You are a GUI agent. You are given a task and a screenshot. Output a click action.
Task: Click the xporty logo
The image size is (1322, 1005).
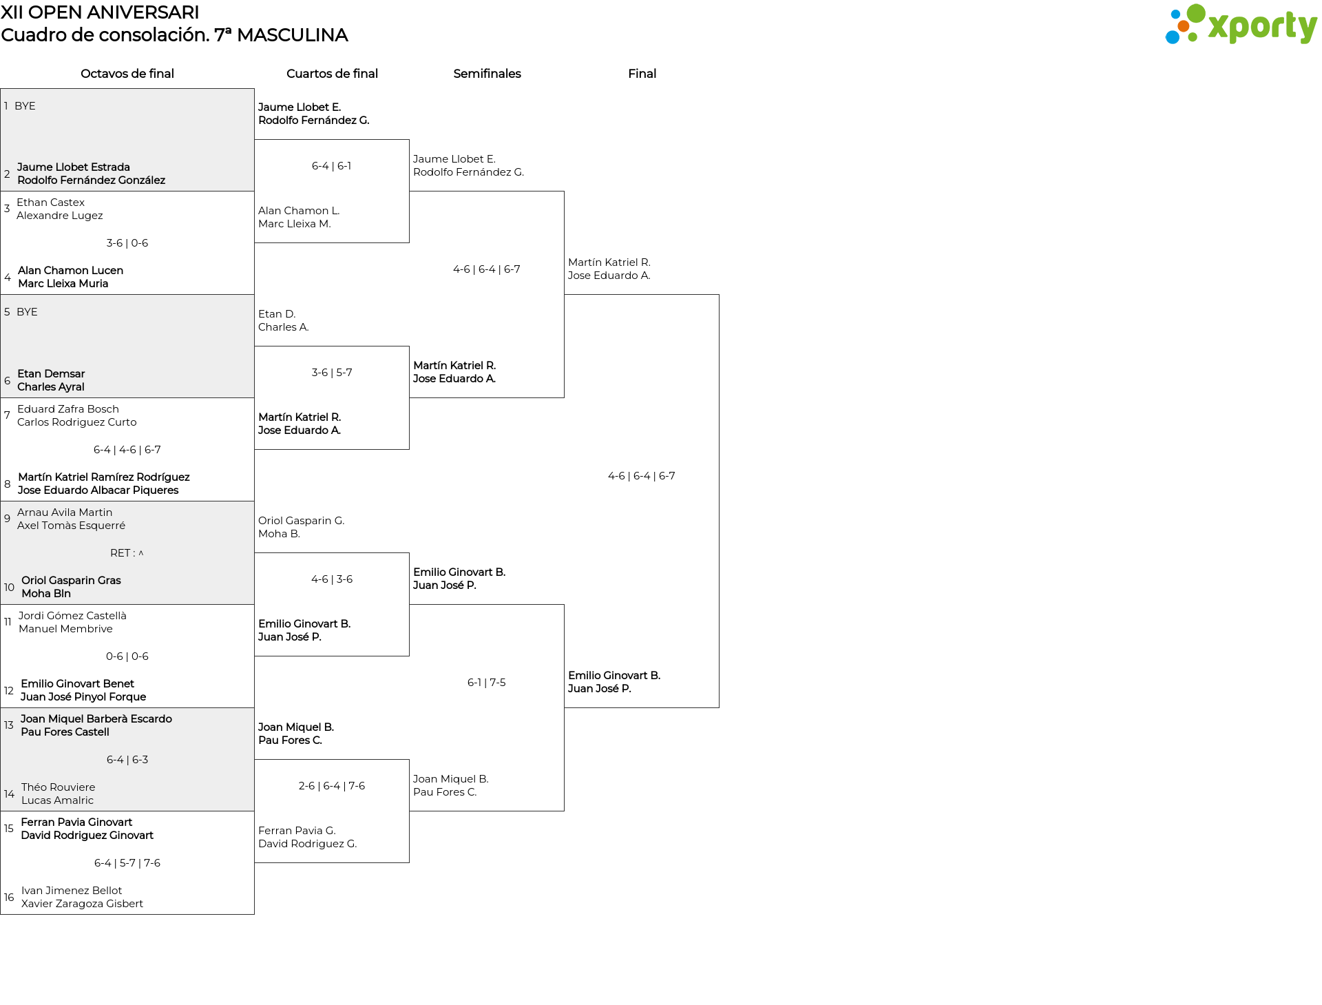pyautogui.click(x=1241, y=25)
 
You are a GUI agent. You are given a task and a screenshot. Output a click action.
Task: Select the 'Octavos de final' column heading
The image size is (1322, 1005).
pyautogui.click(x=127, y=74)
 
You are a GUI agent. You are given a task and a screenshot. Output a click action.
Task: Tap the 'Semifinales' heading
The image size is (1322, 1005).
pyautogui.click(x=487, y=74)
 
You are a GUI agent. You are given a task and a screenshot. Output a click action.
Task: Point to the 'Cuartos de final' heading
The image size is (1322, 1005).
pyautogui.click(x=332, y=74)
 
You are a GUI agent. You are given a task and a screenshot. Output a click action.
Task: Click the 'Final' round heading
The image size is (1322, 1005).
pyautogui.click(x=642, y=74)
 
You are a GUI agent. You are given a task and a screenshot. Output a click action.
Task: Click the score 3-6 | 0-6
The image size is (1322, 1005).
pyautogui.click(x=127, y=243)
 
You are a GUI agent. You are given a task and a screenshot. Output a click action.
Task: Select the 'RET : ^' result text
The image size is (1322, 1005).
pyautogui.click(x=127, y=553)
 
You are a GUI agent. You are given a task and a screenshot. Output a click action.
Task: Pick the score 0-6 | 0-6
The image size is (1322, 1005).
pyautogui.click(x=127, y=656)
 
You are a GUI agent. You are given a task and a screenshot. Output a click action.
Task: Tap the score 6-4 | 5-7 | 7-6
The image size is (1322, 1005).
pyautogui.click(x=127, y=863)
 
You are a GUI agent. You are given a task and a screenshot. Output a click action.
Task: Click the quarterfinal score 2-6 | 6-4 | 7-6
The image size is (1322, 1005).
pyautogui.click(x=332, y=786)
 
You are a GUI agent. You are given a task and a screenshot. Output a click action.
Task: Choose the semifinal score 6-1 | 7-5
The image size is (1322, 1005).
pyautogui.click(x=487, y=683)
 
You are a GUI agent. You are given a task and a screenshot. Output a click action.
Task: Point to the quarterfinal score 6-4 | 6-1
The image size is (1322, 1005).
pyautogui.click(x=332, y=166)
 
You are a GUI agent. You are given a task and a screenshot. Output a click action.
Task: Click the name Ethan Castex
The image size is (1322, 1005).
pyautogui.click(x=51, y=203)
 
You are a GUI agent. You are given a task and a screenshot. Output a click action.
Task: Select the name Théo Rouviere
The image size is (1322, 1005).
pyautogui.click(x=59, y=787)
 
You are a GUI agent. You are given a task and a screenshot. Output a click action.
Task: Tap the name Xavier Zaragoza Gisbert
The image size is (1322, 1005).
pyautogui.click(x=83, y=904)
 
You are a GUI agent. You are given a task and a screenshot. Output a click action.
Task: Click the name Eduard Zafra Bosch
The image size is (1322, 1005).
pyautogui.click(x=68, y=409)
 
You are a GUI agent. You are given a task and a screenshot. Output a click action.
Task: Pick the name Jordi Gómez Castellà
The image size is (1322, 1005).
pyautogui.click(x=72, y=616)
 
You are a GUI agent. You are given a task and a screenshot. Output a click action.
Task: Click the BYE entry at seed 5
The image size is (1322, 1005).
pyautogui.click(x=28, y=312)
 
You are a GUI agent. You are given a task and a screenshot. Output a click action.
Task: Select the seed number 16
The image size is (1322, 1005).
pyautogui.click(x=9, y=898)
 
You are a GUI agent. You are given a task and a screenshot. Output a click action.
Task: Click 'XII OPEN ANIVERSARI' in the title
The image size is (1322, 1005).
pyautogui.click(x=100, y=12)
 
